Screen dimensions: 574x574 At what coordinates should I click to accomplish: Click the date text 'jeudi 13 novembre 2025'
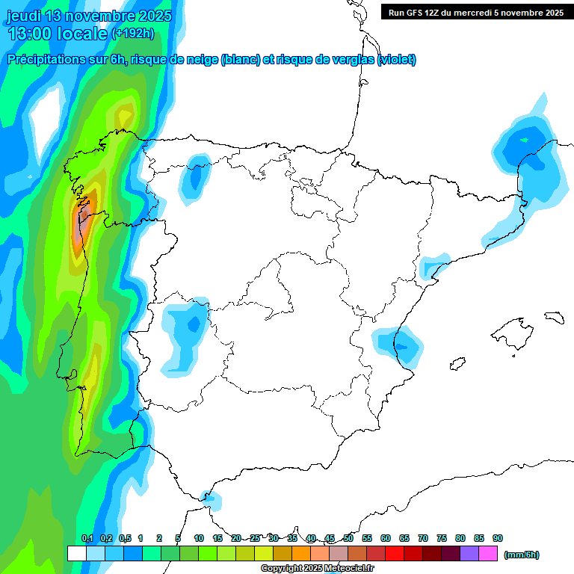(x=89, y=16)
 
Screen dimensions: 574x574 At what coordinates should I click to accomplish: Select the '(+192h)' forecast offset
(x=133, y=34)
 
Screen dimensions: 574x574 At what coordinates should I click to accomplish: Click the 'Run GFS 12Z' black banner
(x=472, y=12)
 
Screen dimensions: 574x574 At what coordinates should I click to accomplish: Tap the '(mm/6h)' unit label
(x=522, y=555)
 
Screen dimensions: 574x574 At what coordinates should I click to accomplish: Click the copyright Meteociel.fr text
(x=317, y=569)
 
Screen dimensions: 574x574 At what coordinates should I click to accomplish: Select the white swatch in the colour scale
(x=76, y=554)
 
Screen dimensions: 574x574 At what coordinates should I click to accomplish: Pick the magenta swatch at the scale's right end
(x=488, y=554)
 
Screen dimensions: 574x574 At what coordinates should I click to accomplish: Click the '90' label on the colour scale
(x=498, y=538)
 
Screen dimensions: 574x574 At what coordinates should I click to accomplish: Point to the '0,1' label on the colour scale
(x=87, y=538)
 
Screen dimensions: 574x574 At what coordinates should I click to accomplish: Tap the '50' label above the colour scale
(x=348, y=538)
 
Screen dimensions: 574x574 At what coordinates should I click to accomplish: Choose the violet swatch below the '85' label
(x=469, y=554)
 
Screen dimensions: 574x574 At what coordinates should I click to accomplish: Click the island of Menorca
(x=554, y=317)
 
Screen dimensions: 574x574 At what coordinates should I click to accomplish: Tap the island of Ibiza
(x=457, y=364)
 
